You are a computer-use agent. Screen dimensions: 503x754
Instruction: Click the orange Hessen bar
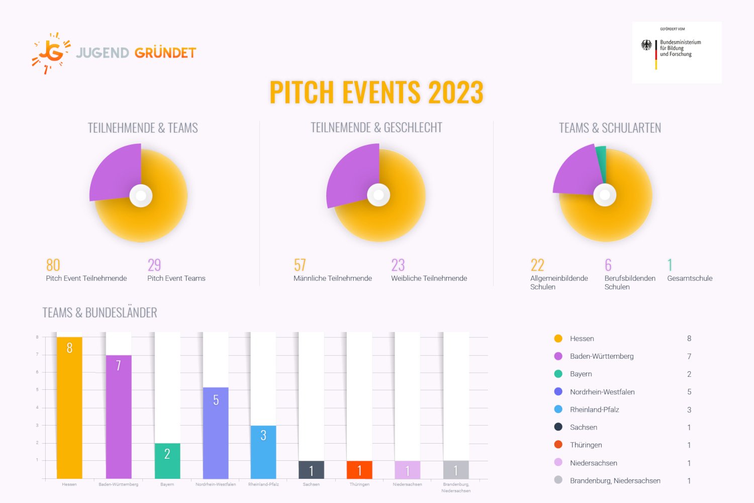click(x=69, y=407)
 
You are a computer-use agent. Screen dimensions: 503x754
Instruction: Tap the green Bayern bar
click(x=167, y=461)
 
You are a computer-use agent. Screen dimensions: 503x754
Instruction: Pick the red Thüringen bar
click(x=359, y=470)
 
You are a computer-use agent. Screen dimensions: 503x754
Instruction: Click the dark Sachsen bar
click(x=311, y=470)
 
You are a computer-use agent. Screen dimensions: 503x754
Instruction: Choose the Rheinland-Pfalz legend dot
click(x=558, y=409)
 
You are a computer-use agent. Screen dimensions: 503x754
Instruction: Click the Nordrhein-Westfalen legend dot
click(x=558, y=391)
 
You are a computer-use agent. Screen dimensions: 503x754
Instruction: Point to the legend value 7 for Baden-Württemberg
click(x=689, y=356)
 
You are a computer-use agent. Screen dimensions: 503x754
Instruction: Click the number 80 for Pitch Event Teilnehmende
click(x=53, y=265)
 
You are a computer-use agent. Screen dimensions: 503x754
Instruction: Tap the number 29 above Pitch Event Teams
click(x=154, y=265)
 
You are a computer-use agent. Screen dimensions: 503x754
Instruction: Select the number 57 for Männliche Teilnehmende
click(x=300, y=265)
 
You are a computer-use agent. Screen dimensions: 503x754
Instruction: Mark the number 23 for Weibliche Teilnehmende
click(x=398, y=265)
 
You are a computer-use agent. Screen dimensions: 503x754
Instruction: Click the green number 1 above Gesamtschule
click(x=670, y=265)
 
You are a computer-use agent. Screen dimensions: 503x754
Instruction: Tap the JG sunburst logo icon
click(x=51, y=53)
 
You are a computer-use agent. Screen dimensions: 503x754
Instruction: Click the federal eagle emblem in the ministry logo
click(x=646, y=45)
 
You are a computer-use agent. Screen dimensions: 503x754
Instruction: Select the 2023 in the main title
click(x=455, y=93)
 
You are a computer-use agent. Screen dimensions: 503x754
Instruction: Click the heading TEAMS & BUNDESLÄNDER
click(x=100, y=313)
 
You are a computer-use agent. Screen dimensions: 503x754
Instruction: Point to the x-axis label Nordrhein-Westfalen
click(x=216, y=484)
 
